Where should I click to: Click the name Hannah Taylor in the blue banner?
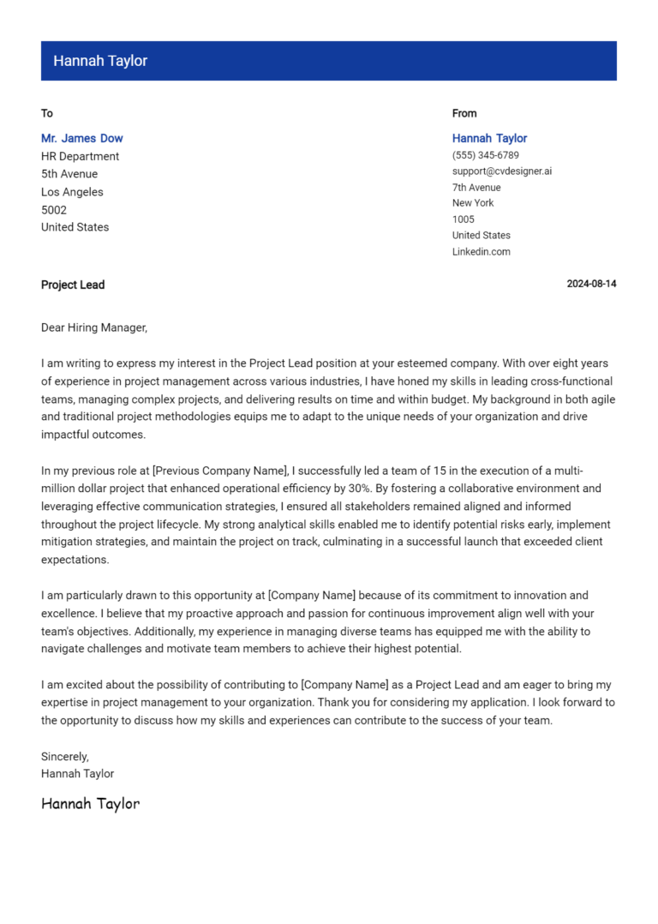click(x=100, y=61)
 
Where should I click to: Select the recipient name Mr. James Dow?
click(x=81, y=138)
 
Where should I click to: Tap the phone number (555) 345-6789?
click(x=485, y=155)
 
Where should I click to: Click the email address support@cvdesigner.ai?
click(x=501, y=171)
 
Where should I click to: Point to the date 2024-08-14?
click(x=591, y=285)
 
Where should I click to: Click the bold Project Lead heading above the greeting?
click(x=73, y=285)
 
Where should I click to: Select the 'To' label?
click(x=47, y=113)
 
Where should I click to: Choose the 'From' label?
click(x=464, y=113)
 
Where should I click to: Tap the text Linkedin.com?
click(x=481, y=252)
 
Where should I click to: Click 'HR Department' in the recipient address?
click(x=80, y=156)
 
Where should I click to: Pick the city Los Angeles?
click(x=72, y=192)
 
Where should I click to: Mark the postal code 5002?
click(x=53, y=210)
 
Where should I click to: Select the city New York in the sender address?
click(x=473, y=203)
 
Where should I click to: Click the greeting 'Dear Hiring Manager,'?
click(x=94, y=327)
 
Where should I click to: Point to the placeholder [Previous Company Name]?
click(x=219, y=471)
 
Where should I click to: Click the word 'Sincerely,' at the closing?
click(x=65, y=757)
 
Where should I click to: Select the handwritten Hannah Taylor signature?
click(x=90, y=804)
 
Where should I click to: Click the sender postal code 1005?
click(x=463, y=219)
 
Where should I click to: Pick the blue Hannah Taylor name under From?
click(x=489, y=138)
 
